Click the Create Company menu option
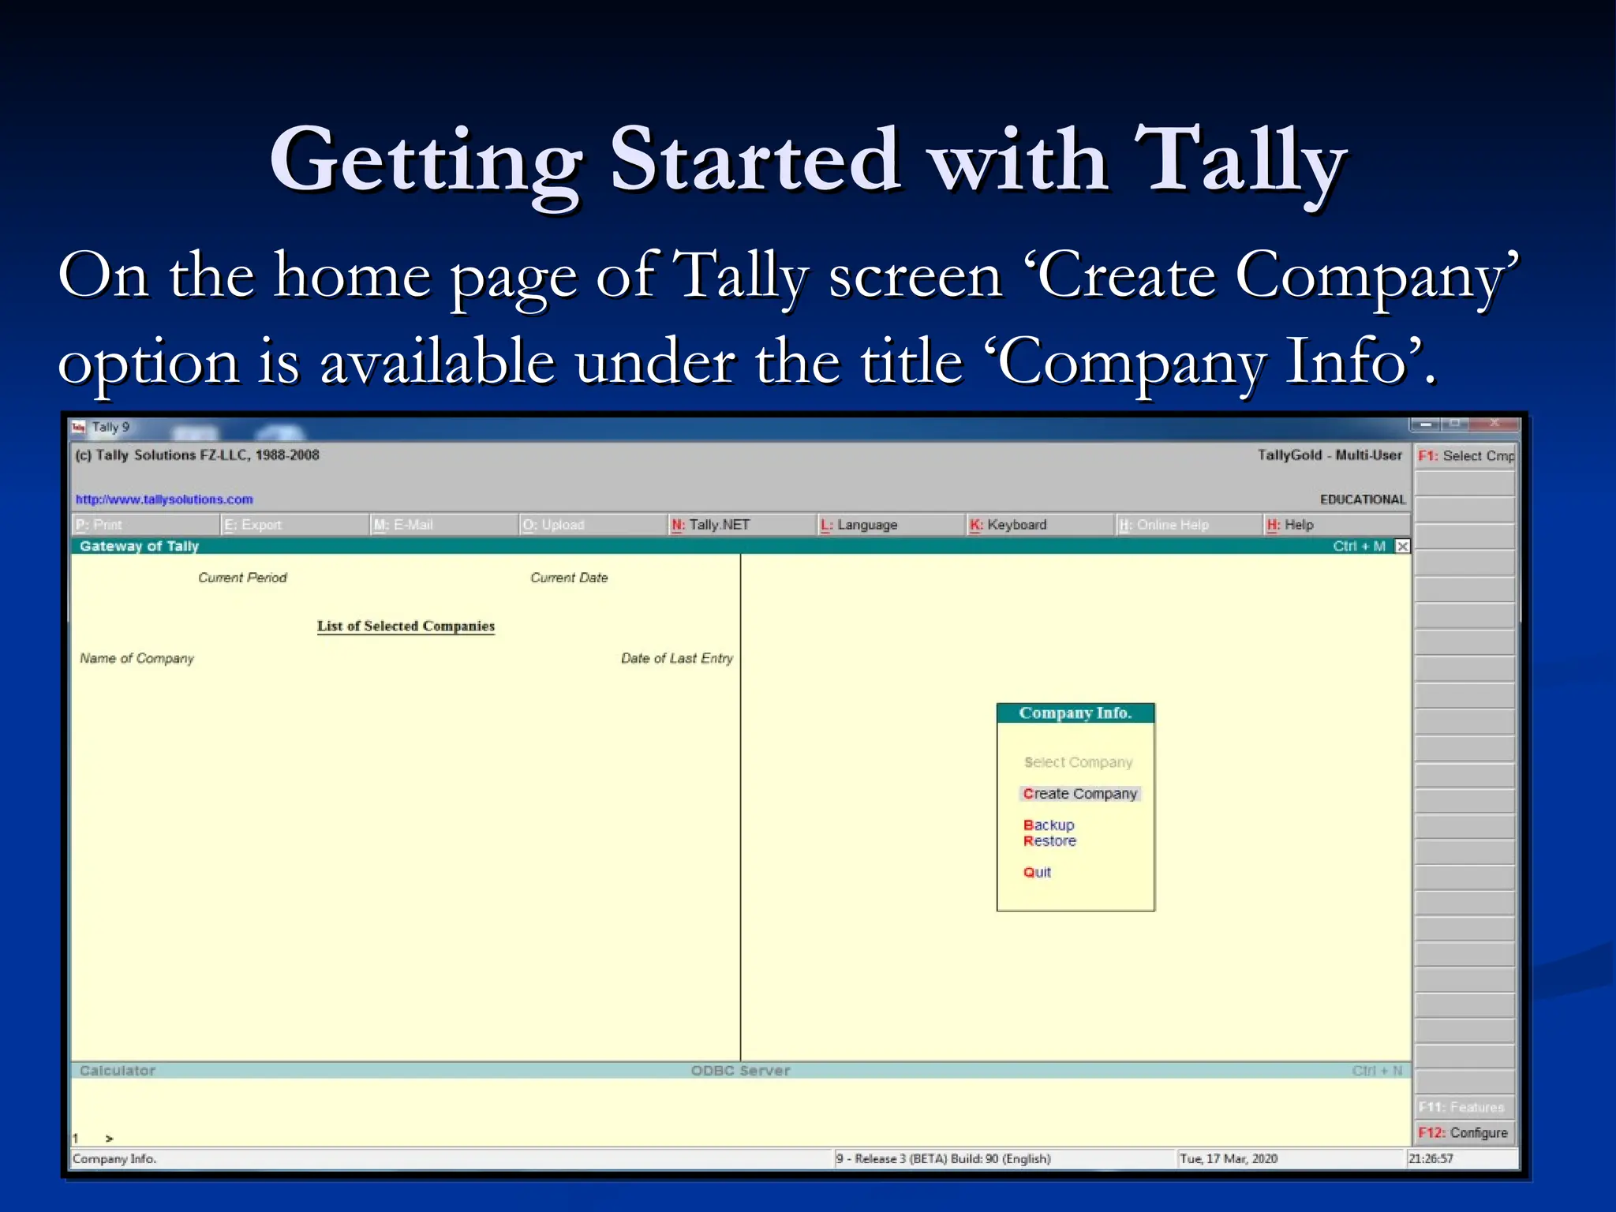1079,794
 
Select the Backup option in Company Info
1049,825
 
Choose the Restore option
1049,841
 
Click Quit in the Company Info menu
1037,872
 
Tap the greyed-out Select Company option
1078,762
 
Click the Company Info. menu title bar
1075,713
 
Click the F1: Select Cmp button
1465,456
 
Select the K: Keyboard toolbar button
1008,525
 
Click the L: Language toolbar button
859,525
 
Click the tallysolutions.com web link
164,499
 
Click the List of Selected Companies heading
406,626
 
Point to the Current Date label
569,578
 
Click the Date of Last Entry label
676,658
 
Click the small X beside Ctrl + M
1402,546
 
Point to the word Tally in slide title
1240,162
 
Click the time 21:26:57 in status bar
1430,1158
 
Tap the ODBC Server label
740,1071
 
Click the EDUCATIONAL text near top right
1362,499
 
